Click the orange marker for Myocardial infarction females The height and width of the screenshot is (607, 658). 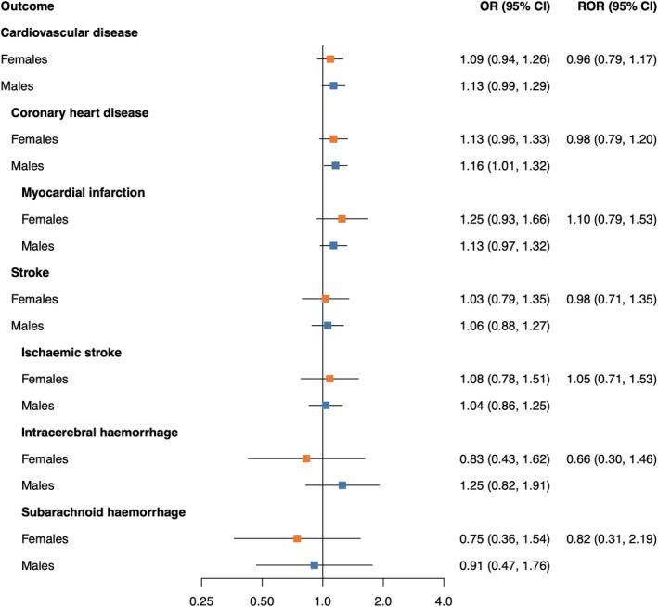pos(342,219)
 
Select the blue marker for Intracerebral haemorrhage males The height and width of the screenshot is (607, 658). pos(342,485)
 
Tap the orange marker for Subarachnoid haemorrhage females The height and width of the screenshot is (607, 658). pos(297,538)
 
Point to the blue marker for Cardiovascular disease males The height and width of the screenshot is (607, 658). pos(333,86)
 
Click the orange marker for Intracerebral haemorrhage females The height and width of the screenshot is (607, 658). pos(306,458)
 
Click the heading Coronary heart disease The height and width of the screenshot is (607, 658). pos(80,113)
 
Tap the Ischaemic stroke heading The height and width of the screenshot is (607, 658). pos(72,353)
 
